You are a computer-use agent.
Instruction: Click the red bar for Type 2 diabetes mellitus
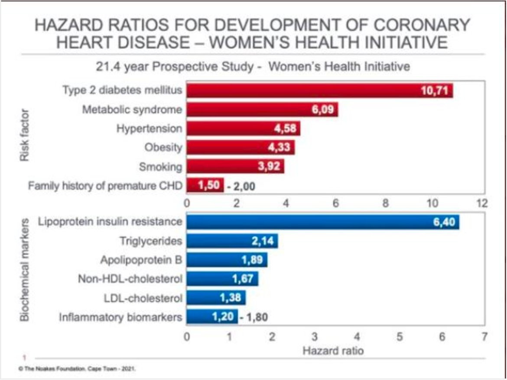point(319,90)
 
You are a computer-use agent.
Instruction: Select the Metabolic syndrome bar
point(262,109)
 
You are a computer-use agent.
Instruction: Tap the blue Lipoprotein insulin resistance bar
point(323,222)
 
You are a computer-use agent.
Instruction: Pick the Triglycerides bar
point(232,241)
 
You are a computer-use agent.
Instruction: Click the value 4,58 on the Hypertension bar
point(285,129)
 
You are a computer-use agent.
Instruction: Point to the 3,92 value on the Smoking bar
point(269,166)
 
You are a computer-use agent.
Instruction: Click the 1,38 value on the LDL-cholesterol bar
point(231,297)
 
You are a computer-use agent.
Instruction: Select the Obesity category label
point(163,147)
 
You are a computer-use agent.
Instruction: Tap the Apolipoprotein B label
point(141,260)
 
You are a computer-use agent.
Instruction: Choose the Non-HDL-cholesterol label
point(130,279)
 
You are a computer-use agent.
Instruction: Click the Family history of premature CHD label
point(105,186)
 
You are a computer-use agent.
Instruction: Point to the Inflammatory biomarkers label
point(120,317)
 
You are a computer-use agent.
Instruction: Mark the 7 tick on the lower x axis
point(484,337)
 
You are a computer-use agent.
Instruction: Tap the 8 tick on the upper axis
point(385,203)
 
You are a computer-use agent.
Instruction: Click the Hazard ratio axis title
point(333,351)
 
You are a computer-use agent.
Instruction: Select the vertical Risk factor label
point(24,135)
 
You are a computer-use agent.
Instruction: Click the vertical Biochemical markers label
point(24,270)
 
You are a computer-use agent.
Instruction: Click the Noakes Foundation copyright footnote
point(77,369)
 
